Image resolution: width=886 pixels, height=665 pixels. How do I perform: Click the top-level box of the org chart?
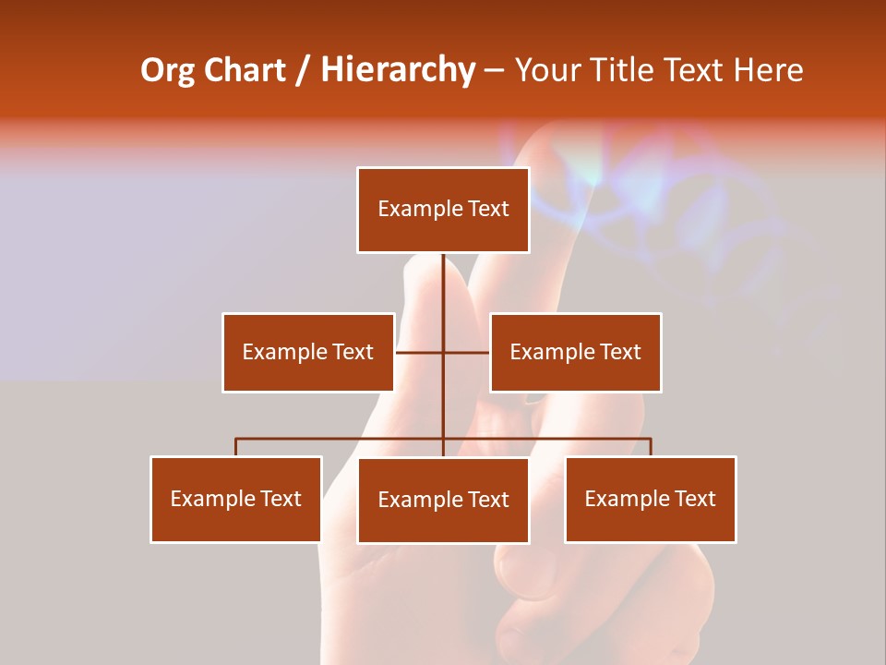click(443, 210)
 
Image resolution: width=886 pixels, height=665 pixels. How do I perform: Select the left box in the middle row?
click(308, 352)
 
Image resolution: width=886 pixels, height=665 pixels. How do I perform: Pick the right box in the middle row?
click(575, 352)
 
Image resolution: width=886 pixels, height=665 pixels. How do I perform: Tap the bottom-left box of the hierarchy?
click(236, 499)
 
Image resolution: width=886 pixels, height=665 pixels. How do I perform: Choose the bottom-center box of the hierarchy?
click(443, 500)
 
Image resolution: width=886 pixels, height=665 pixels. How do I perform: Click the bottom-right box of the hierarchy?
click(651, 499)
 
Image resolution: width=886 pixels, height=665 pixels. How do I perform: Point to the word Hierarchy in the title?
click(398, 70)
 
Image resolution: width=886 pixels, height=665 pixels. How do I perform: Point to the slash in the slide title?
click(303, 70)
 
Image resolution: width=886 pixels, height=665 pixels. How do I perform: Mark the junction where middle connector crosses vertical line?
click(443, 352)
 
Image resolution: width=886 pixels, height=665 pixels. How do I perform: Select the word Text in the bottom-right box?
click(696, 499)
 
